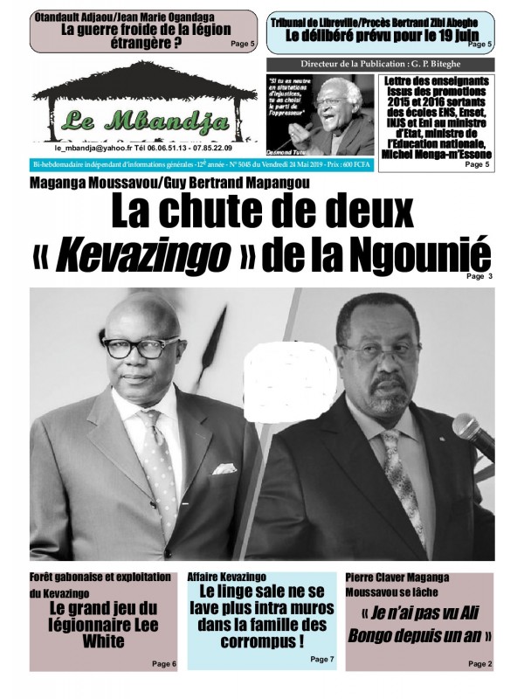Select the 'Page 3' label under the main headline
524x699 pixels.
479,276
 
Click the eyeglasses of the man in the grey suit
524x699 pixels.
141,347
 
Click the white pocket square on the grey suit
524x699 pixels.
224,468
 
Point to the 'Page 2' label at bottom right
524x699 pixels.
479,664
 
